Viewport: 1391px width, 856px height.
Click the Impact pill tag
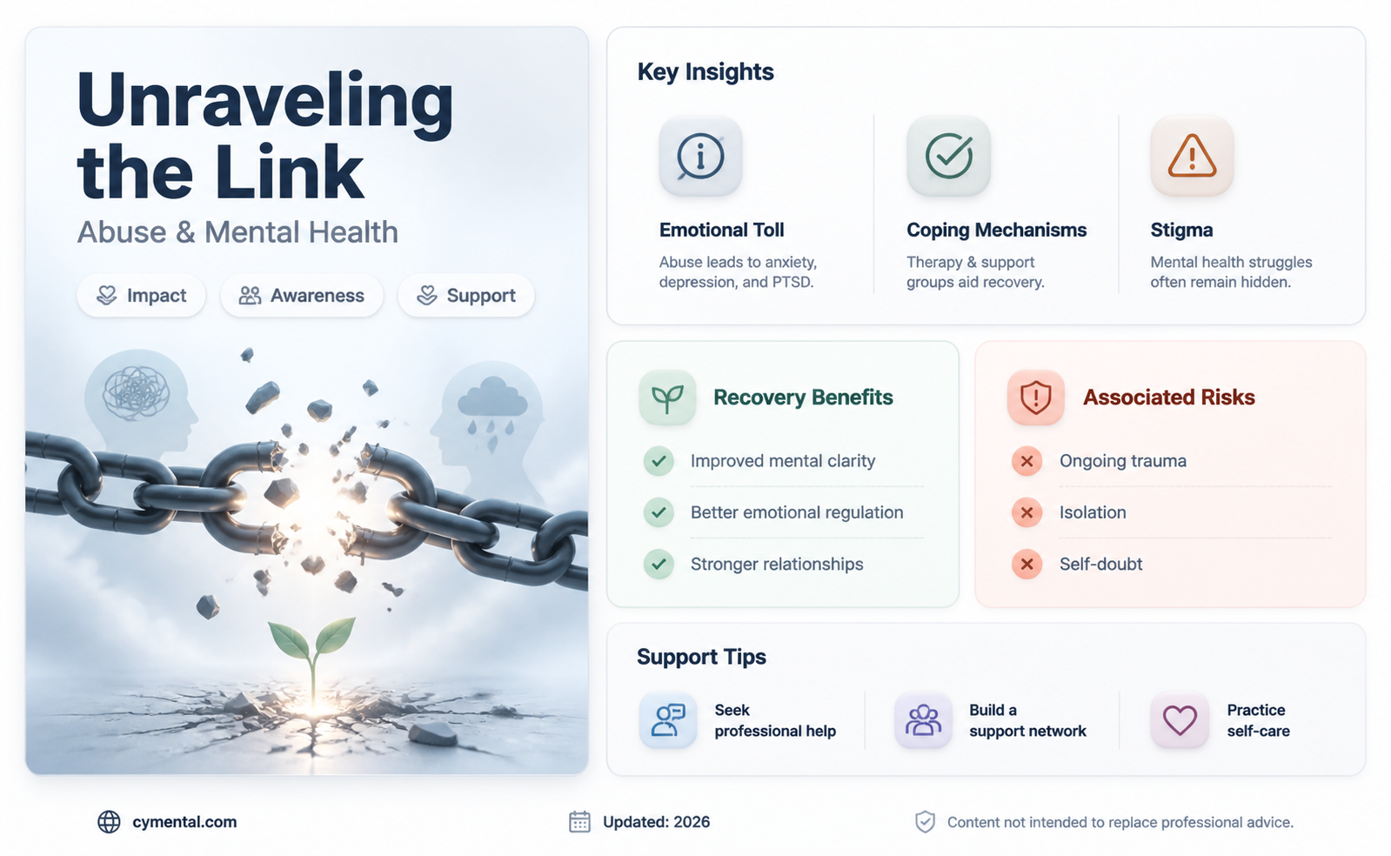tap(141, 296)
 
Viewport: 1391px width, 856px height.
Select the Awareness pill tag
tap(302, 296)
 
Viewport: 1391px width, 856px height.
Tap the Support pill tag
tap(465, 296)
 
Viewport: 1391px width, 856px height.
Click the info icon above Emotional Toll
tap(700, 156)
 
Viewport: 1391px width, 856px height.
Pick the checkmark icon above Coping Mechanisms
tap(948, 156)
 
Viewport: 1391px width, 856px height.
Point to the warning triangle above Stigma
tap(1192, 156)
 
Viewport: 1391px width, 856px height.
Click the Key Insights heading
tap(706, 72)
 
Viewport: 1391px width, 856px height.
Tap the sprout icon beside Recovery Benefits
tap(667, 398)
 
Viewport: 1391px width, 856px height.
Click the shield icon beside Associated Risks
tap(1036, 398)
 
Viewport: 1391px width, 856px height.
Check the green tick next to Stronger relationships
tap(659, 564)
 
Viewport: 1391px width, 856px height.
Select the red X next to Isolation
tap(1027, 512)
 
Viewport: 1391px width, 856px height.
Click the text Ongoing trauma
tap(1123, 461)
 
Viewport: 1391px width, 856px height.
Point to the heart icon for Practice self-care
tap(1180, 720)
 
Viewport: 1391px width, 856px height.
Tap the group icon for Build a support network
tap(923, 720)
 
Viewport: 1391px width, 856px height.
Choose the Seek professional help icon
tap(668, 720)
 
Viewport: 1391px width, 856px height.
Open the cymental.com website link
tap(184, 822)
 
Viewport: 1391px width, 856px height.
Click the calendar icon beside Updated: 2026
tap(579, 822)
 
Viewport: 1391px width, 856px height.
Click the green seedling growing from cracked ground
tap(312, 659)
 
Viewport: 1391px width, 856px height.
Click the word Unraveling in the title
tap(265, 103)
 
